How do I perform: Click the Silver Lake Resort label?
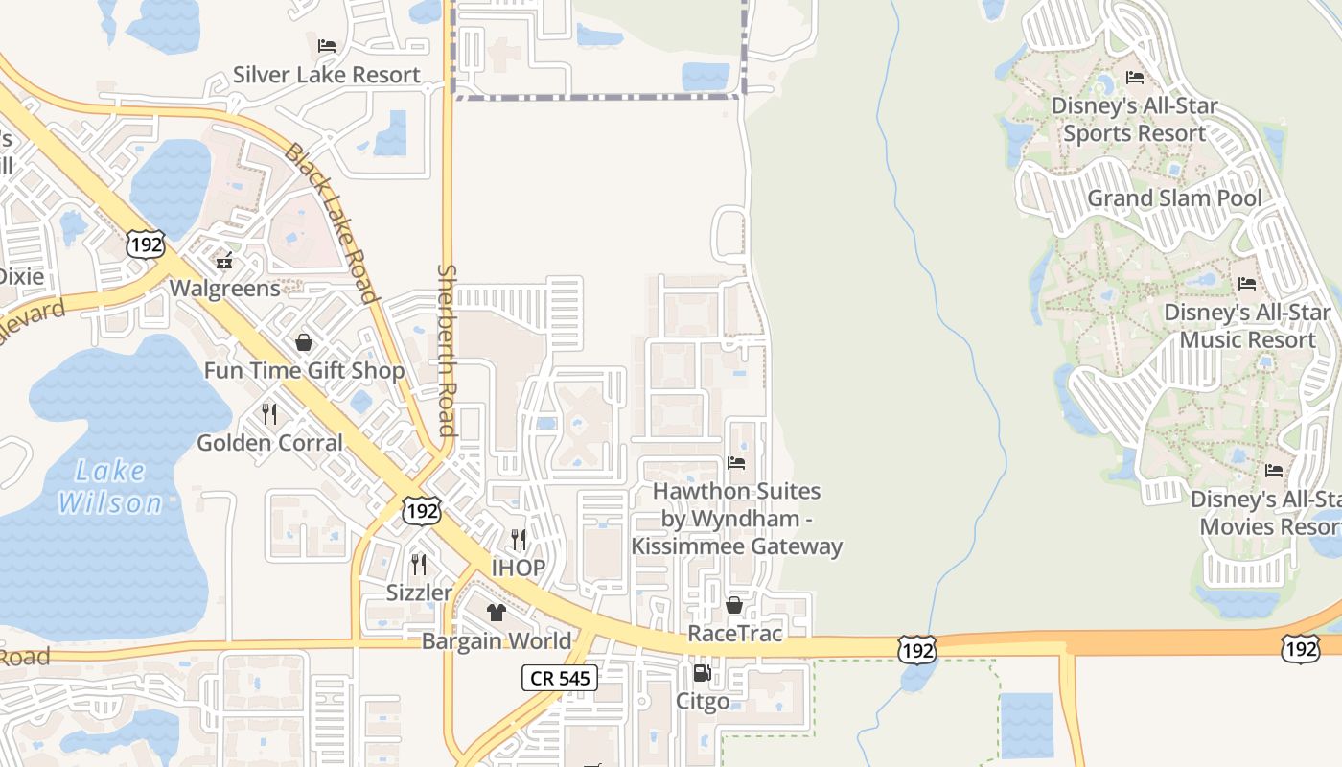[327, 75]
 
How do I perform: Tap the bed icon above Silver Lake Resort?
[327, 46]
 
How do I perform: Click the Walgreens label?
[225, 288]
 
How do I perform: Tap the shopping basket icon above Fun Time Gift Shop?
[304, 342]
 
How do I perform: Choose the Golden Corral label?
[269, 442]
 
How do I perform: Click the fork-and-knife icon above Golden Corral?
[269, 414]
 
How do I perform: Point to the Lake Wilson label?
[110, 487]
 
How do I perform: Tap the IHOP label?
[519, 568]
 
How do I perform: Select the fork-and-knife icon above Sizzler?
[419, 564]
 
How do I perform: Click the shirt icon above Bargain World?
[497, 612]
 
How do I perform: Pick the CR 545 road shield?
[561, 679]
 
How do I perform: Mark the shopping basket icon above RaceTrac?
[734, 605]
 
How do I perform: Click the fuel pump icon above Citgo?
[703, 673]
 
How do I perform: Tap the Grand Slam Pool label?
[1174, 198]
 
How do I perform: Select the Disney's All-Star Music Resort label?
[1247, 326]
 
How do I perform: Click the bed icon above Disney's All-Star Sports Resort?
[1135, 78]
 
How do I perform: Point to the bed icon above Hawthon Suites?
[736, 463]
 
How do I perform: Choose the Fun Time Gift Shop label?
[304, 370]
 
